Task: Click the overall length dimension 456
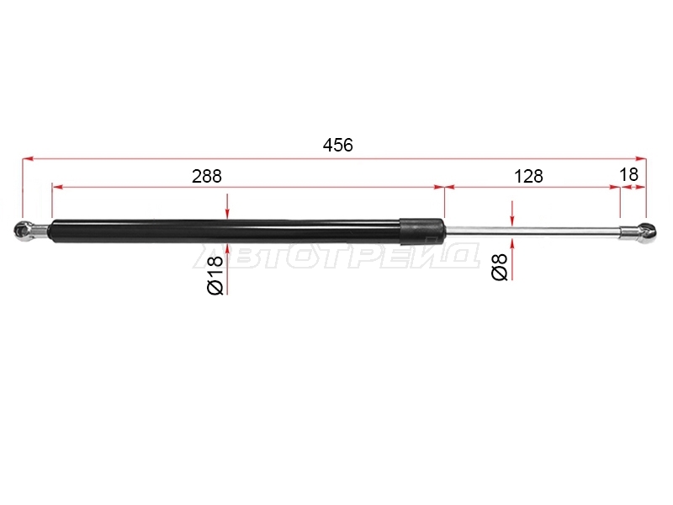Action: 338,145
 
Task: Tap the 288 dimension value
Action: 206,176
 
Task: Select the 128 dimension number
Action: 528,176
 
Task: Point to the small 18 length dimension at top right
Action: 628,174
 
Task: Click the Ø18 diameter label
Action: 215,275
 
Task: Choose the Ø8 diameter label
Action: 500,267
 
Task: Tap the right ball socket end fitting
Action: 646,233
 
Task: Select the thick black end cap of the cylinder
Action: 422,231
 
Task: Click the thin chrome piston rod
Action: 533,231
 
